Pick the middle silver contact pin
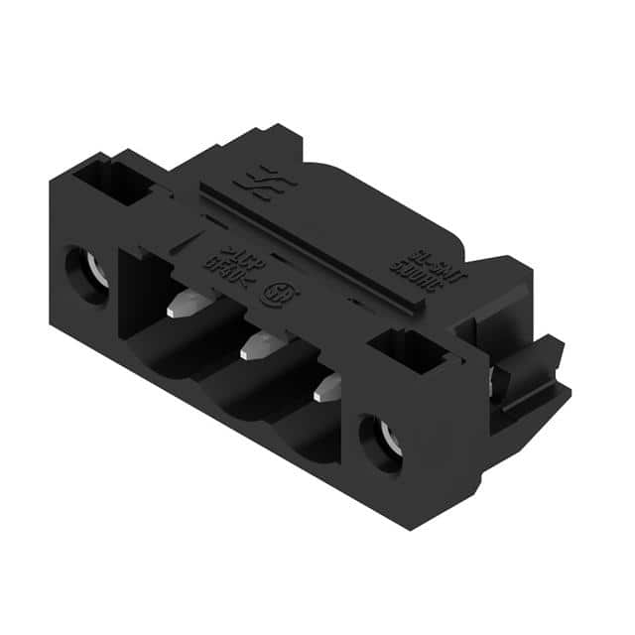[x=255, y=346]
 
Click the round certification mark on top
[x=270, y=294]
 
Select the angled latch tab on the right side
[x=531, y=367]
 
